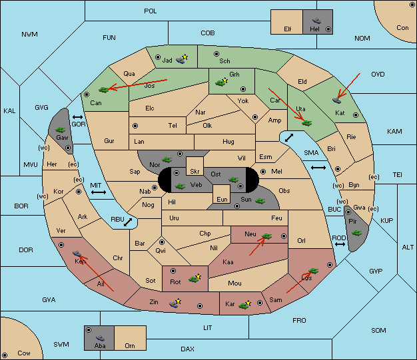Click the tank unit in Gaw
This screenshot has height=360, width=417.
click(x=61, y=130)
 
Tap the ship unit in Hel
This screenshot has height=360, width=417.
click(x=316, y=21)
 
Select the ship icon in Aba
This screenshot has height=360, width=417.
click(x=100, y=338)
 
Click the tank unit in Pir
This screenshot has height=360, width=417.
click(x=356, y=233)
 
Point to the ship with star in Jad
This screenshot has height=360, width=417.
click(x=182, y=59)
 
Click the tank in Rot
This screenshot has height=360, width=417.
click(x=195, y=278)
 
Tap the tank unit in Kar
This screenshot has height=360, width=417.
click(x=244, y=305)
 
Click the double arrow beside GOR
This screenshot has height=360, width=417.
click(x=78, y=117)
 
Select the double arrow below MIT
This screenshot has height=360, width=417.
click(x=99, y=192)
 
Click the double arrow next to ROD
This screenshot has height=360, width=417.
click(x=340, y=244)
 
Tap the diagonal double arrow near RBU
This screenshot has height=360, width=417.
click(x=128, y=222)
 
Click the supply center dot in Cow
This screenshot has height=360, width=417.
click(x=5, y=355)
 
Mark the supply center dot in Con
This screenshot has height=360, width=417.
click(x=412, y=5)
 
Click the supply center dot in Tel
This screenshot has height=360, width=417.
click(x=135, y=125)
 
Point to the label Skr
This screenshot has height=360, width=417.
click(x=195, y=172)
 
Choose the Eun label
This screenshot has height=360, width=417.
click(x=222, y=199)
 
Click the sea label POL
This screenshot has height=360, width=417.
click(x=151, y=11)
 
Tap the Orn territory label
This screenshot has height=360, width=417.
click(x=130, y=345)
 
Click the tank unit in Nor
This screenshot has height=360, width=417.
click(x=167, y=160)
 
